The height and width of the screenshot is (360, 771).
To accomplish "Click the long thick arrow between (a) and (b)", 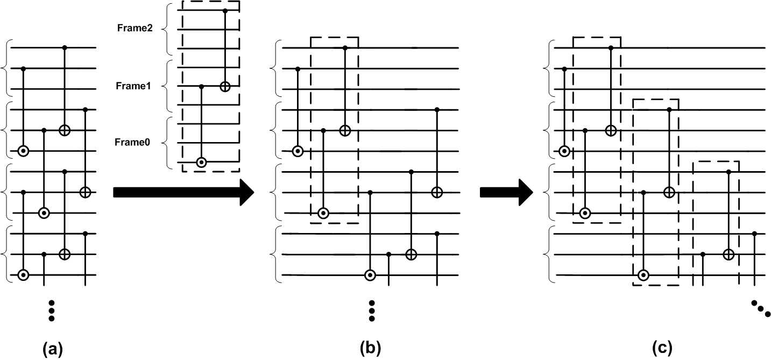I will (x=183, y=192).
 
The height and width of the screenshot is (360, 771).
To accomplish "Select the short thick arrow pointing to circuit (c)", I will (x=505, y=192).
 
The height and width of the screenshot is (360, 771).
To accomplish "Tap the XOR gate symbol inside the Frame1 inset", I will (x=225, y=86).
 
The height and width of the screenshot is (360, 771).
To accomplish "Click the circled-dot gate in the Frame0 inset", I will (x=201, y=161).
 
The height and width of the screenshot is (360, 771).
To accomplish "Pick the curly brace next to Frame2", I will (x=168, y=28).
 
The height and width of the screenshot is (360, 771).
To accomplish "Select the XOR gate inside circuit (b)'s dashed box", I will (x=345, y=130).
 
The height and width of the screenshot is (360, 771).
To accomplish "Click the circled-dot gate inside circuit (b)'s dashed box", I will (x=323, y=213).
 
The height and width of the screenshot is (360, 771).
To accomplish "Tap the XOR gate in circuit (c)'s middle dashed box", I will (x=669, y=192).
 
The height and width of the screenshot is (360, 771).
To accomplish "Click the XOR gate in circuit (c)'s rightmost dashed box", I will (x=728, y=254).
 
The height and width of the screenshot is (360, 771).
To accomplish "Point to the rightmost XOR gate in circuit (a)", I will (x=85, y=192).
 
